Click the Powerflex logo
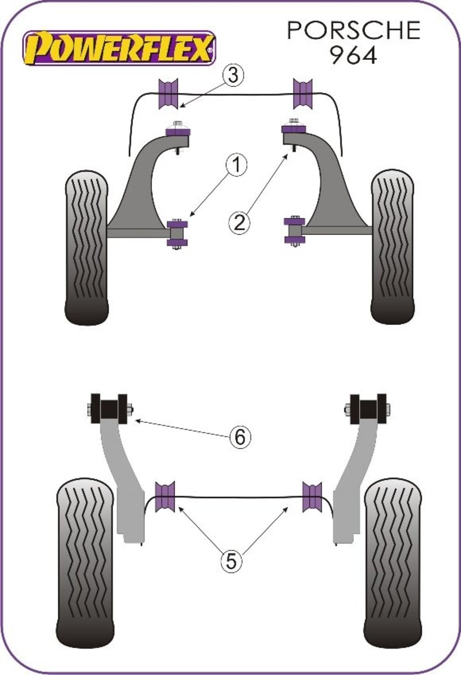[119, 48]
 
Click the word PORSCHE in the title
[354, 30]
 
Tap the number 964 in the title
[354, 55]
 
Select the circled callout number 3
[233, 75]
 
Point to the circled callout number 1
[236, 165]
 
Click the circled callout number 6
[240, 436]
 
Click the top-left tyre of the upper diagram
[87, 247]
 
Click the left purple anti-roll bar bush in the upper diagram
[168, 94]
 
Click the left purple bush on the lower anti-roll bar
[166, 496]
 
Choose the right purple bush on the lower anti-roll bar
[312, 496]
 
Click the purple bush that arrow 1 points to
[177, 233]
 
